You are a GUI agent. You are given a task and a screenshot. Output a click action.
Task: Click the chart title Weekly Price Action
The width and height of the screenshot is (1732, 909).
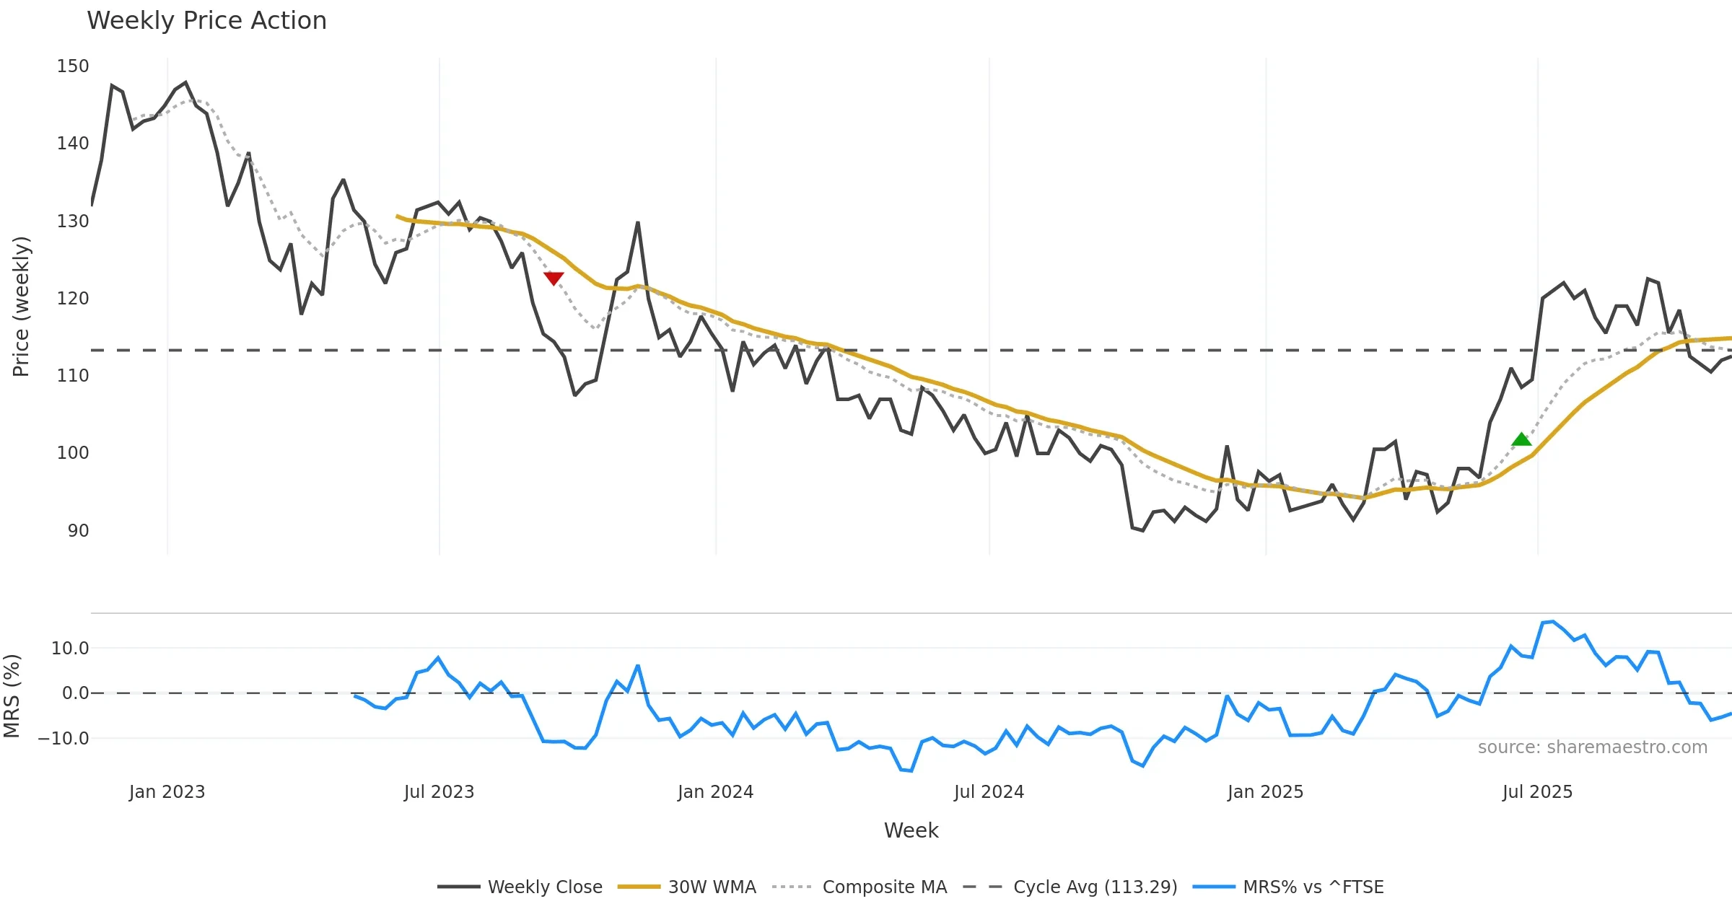tap(206, 21)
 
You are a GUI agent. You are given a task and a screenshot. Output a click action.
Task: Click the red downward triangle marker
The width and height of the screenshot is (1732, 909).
tap(554, 278)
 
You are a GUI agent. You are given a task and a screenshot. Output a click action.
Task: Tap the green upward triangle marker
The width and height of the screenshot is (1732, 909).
tap(1521, 439)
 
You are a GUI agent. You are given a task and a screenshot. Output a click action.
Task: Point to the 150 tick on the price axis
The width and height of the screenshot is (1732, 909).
tap(73, 66)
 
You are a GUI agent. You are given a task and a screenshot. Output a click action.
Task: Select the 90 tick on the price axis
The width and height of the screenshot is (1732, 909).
tap(78, 531)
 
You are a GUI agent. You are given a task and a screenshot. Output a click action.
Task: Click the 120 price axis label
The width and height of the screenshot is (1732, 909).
tap(73, 299)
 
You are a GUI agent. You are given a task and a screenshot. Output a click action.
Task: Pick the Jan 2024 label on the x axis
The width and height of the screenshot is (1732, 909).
tap(715, 792)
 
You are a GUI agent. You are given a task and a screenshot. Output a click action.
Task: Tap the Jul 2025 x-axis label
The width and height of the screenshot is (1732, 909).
tap(1537, 792)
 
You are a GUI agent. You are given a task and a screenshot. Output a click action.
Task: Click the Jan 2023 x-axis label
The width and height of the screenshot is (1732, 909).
tap(167, 792)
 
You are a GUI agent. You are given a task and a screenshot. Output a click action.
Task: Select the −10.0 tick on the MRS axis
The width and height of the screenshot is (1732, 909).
tap(64, 739)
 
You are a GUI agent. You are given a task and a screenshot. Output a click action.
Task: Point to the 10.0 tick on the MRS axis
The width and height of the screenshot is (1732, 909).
tap(70, 649)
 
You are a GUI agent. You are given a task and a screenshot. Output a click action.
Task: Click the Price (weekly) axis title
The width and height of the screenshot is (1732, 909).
tap(21, 307)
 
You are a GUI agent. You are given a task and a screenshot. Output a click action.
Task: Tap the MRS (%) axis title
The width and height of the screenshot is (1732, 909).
tap(12, 696)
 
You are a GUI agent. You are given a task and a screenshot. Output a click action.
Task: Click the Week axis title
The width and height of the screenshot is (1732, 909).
tap(911, 831)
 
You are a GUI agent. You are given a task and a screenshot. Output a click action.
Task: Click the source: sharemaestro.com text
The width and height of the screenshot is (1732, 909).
tap(1592, 747)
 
